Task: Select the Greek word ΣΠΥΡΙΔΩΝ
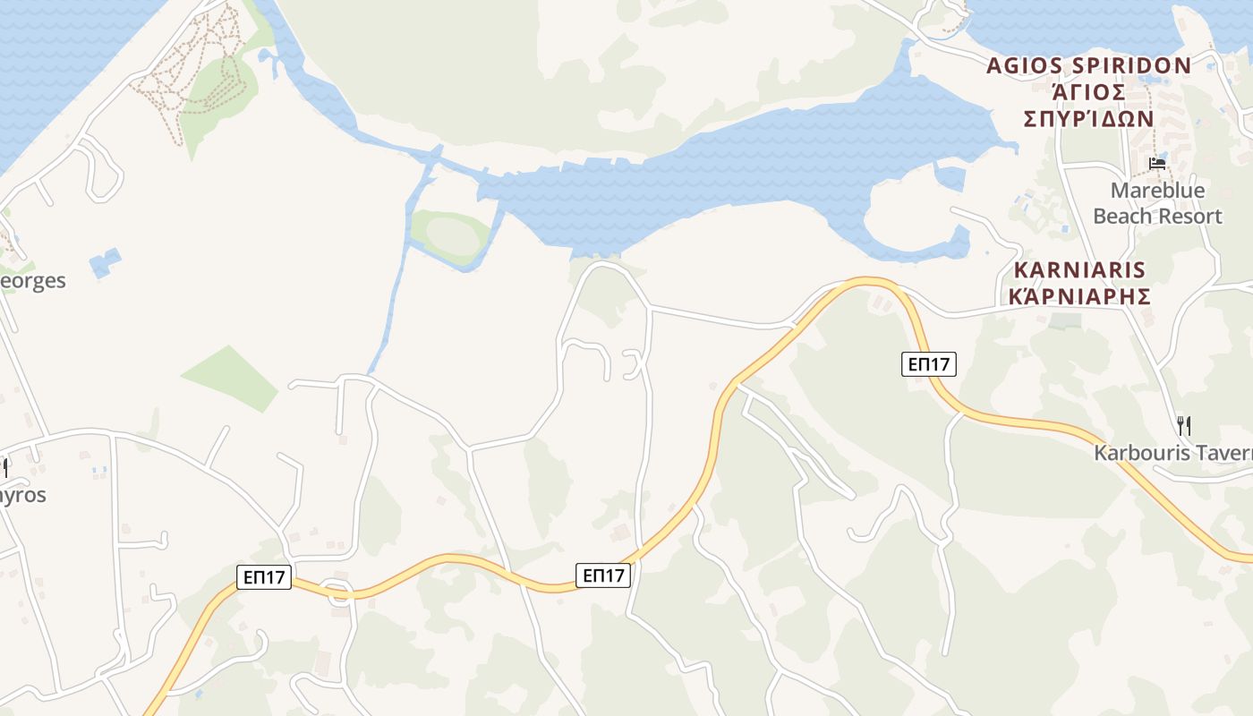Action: tap(1088, 119)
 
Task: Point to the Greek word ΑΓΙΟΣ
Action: tap(1088, 91)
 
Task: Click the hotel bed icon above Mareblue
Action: tap(1157, 164)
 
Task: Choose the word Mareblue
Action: tap(1157, 191)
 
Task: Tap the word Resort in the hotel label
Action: tap(1189, 217)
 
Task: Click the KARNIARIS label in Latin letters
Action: tap(1079, 269)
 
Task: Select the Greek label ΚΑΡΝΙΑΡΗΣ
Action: tap(1079, 295)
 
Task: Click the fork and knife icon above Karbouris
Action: tap(1183, 425)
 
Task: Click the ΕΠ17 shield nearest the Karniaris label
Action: tap(928, 363)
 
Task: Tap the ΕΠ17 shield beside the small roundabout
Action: tap(265, 576)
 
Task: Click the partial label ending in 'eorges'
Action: tap(33, 281)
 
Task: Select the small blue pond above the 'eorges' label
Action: tap(105, 262)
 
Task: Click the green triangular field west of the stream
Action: tap(231, 378)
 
